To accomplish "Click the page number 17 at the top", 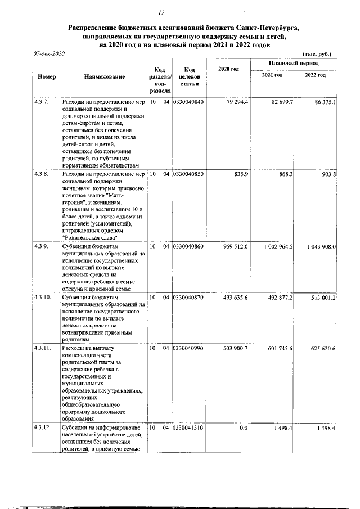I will tap(161, 12).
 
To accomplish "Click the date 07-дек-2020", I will tap(49, 53).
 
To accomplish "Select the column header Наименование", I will tap(104, 76).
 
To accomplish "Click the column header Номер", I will tap(47, 76).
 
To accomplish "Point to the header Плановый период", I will tap(294, 63).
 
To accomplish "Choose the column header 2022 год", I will tap(315, 76).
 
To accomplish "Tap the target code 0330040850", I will tap(188, 174).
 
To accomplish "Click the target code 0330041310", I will tap(188, 428).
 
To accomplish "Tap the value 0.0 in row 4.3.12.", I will tap(244, 428).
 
